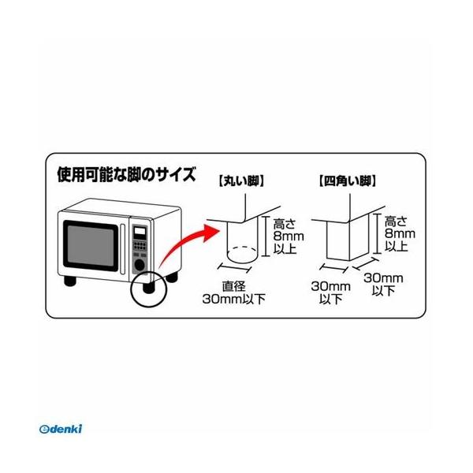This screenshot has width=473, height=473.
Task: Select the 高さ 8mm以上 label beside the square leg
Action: pos(397,235)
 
